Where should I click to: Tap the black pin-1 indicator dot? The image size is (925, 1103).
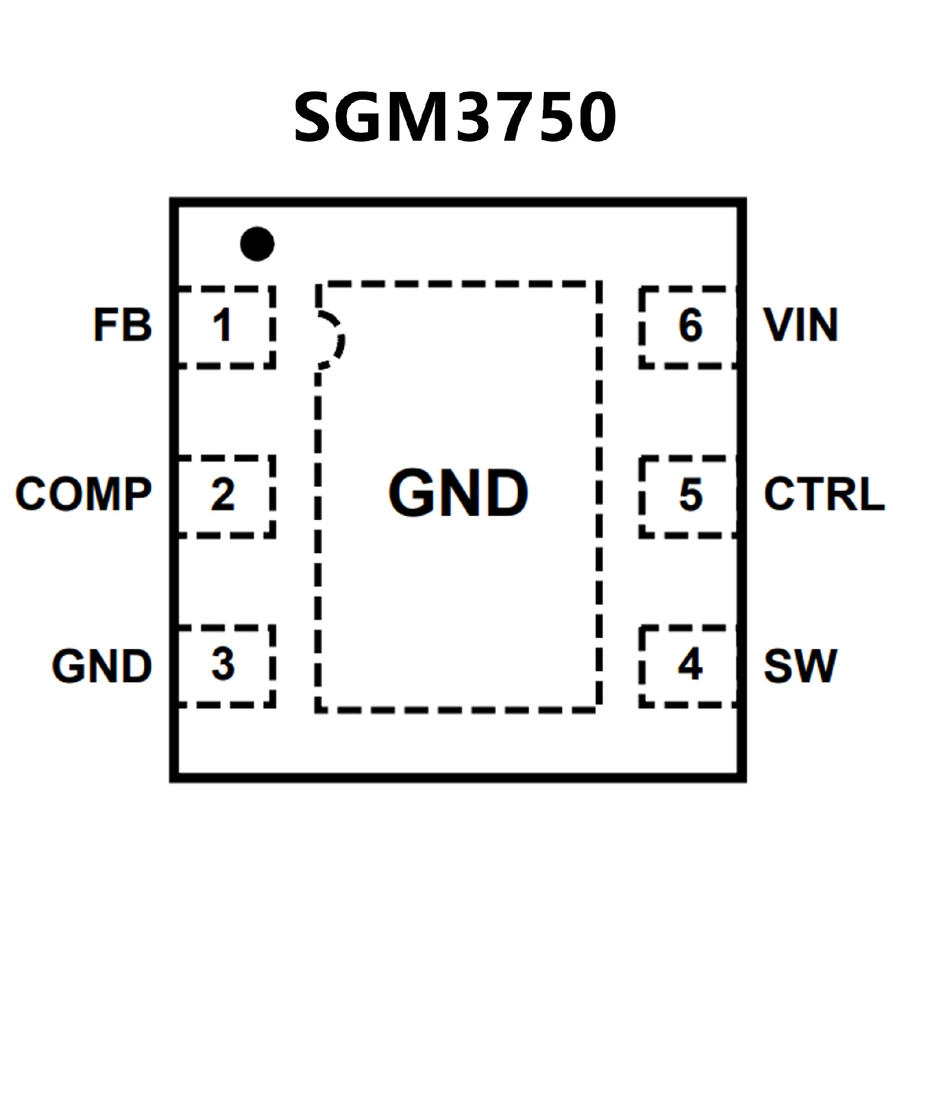coord(257,244)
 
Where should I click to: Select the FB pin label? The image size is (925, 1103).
coord(123,324)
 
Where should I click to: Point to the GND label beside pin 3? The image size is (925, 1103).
coord(102,666)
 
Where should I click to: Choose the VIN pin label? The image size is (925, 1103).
coord(800,324)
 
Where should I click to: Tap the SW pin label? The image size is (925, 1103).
coord(800,666)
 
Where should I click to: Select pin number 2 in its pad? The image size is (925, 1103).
coord(223,494)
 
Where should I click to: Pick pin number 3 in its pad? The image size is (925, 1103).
coord(223,664)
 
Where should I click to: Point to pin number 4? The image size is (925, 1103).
coord(690,664)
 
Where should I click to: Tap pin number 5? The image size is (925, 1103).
coord(690,494)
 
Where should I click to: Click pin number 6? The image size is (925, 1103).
coord(690,325)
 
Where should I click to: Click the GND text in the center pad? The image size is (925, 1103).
coord(458,493)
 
